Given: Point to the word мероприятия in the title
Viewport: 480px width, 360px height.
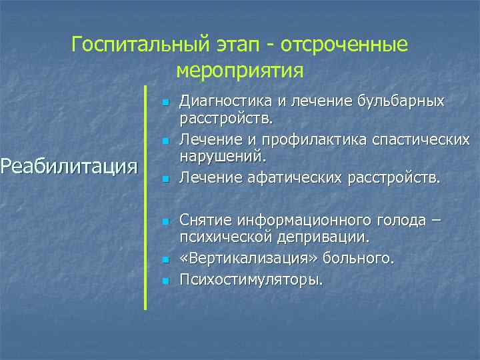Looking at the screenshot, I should [x=240, y=69].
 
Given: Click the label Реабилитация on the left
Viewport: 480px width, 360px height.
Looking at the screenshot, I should [x=69, y=165].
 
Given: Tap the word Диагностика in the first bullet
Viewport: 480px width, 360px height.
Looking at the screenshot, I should [x=221, y=102].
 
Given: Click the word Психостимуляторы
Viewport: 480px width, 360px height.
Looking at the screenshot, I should [x=250, y=279].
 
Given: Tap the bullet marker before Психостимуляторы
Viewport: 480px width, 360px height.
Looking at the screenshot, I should [x=163, y=281].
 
